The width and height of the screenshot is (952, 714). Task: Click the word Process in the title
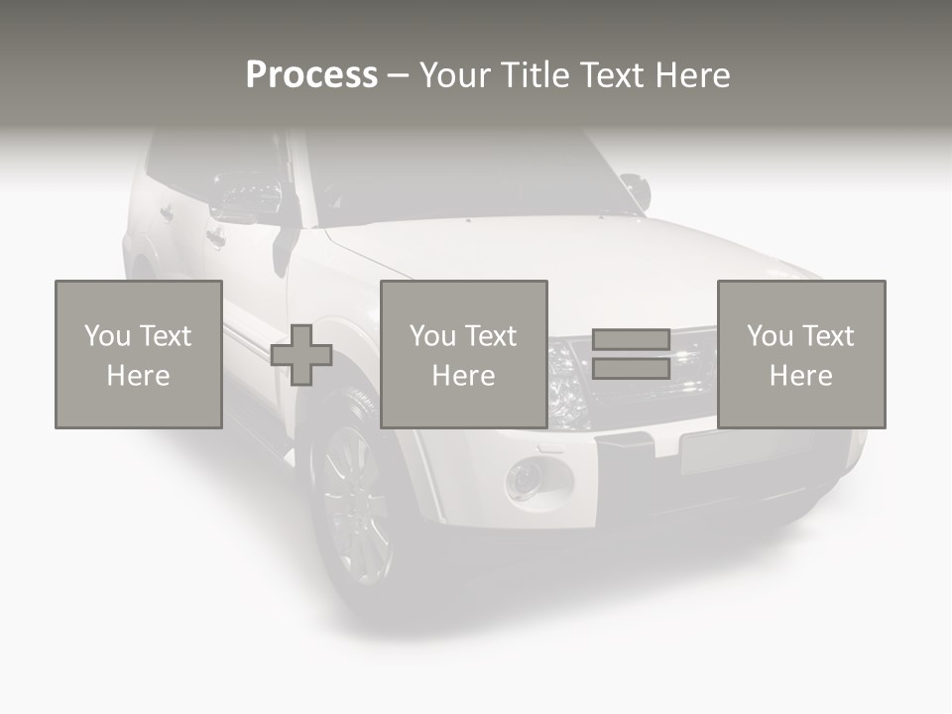point(311,75)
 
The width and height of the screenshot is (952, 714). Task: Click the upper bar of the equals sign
point(631,340)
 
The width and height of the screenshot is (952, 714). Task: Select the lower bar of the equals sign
point(631,369)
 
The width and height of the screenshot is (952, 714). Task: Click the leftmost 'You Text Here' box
point(139,355)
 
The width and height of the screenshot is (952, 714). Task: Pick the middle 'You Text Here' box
point(464,355)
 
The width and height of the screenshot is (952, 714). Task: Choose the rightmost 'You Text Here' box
point(801,355)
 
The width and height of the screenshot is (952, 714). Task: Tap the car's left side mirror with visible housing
point(247,197)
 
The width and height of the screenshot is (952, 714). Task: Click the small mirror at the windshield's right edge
point(635,189)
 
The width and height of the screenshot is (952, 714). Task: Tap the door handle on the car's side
point(215,237)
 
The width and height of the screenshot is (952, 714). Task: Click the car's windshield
point(466,178)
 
